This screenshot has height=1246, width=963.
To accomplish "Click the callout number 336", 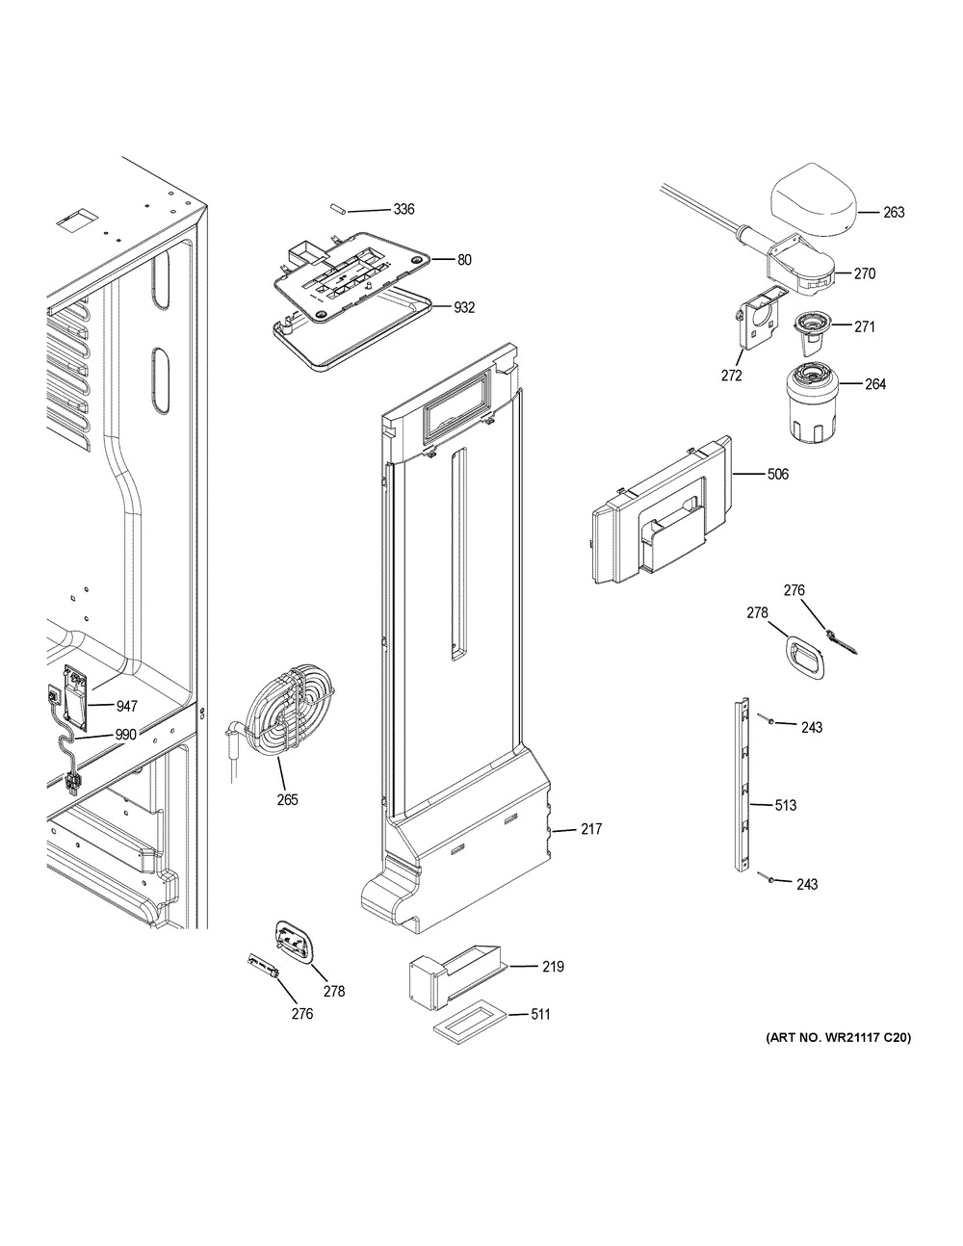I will pyautogui.click(x=403, y=210).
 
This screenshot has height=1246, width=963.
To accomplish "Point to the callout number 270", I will pyautogui.click(x=864, y=273).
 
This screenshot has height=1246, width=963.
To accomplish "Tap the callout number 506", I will pyautogui.click(x=777, y=474).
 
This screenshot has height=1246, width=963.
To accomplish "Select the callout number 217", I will pyautogui.click(x=590, y=829).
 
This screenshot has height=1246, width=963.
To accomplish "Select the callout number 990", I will pyautogui.click(x=125, y=734).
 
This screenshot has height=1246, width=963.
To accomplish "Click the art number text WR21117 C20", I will pyautogui.click(x=838, y=1038).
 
